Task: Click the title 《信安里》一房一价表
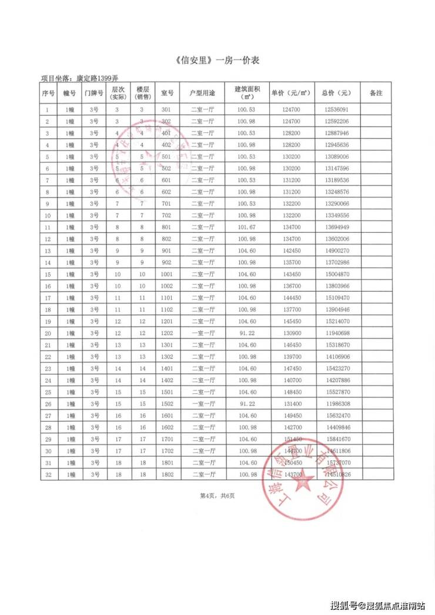217,61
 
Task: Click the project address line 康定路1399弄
79,78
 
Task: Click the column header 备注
376,93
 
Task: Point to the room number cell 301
166,109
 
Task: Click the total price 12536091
336,109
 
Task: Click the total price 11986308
336,403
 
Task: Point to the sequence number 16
48,286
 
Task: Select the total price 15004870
336,274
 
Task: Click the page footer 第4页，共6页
217,496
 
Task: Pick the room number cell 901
166,250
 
